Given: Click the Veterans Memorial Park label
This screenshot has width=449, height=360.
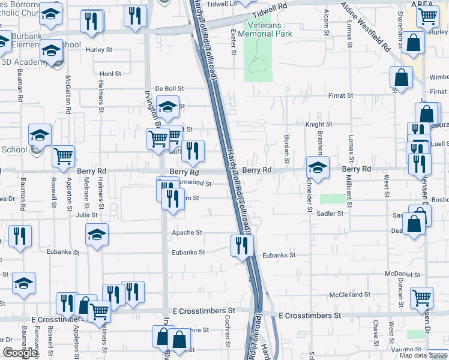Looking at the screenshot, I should (265, 29).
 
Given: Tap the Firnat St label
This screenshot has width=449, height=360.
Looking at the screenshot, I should (342, 95).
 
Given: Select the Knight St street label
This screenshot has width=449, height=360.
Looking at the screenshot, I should (318, 125).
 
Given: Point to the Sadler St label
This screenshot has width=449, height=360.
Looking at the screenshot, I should (330, 213).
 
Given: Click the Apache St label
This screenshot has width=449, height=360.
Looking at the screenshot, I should (187, 232).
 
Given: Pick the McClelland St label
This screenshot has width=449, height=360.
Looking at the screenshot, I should (346, 295).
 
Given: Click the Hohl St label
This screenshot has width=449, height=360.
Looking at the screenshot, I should (110, 74).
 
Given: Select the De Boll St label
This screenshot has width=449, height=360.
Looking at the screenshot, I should (169, 88).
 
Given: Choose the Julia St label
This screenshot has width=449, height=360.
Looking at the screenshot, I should (86, 214).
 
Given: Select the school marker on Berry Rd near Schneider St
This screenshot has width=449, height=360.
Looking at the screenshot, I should (318, 167).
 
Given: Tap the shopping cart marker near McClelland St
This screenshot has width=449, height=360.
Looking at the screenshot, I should (422, 298).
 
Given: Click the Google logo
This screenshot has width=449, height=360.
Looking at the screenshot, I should (20, 353).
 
